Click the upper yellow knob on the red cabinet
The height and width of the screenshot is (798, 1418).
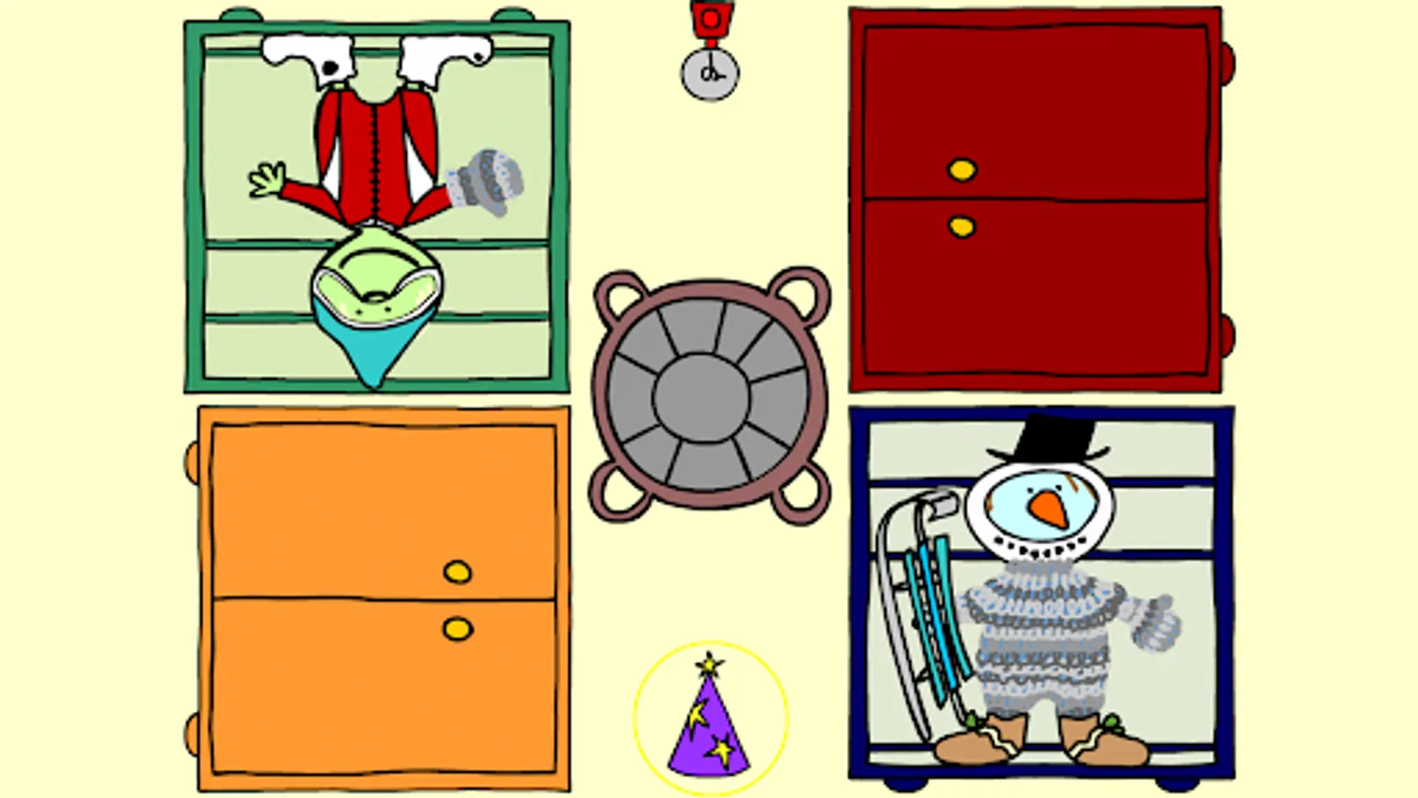click(962, 169)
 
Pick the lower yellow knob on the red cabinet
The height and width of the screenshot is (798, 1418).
click(962, 227)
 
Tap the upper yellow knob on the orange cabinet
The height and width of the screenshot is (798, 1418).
click(457, 572)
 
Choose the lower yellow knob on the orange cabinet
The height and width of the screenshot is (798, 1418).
click(457, 630)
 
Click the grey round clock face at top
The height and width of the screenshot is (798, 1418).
click(710, 74)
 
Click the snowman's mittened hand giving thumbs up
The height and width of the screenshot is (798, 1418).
click(1157, 620)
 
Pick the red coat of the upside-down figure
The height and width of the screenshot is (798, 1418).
click(376, 151)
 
